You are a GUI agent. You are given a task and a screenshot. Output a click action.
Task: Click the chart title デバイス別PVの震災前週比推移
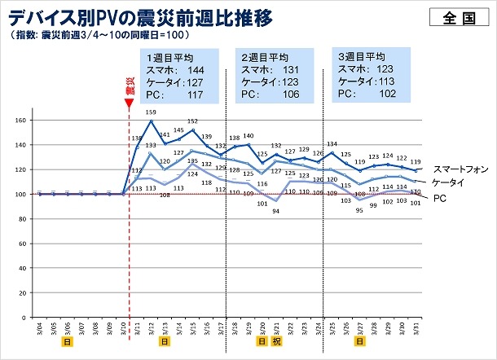tap(140, 16)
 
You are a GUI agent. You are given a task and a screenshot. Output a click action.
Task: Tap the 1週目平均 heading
tap(169, 59)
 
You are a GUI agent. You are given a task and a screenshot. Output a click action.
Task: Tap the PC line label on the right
tap(438, 198)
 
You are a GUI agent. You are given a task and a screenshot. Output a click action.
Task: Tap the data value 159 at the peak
tap(151, 112)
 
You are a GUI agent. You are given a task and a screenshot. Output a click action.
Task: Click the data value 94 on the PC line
tap(276, 211)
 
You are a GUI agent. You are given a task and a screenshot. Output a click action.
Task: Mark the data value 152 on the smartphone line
tap(192, 121)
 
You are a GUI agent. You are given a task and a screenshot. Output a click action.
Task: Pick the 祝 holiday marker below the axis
tap(278, 342)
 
